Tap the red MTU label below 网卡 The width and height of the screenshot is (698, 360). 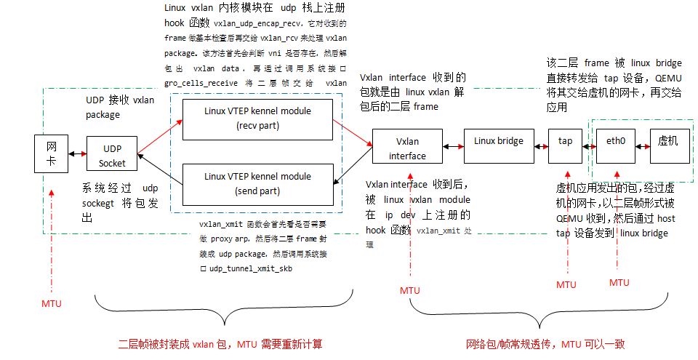[x=52, y=302]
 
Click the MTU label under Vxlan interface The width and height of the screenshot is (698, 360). [x=410, y=290]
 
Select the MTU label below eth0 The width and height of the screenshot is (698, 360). [x=619, y=282]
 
